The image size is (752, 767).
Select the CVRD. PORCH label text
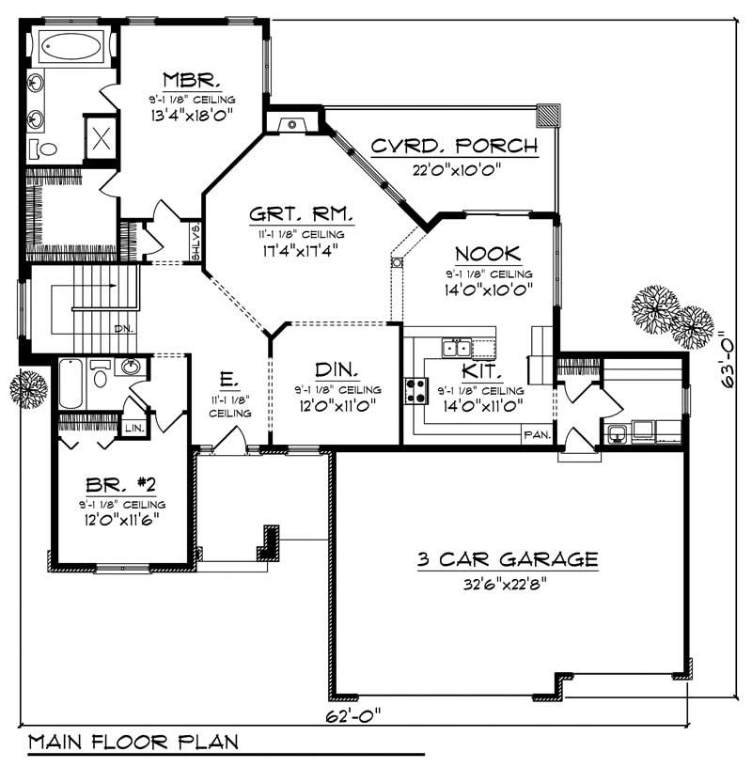click(x=454, y=146)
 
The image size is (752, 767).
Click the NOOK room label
click(x=489, y=254)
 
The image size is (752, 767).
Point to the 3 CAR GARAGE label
click(x=508, y=559)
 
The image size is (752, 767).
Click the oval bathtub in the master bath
click(x=71, y=44)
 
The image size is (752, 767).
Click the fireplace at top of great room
click(x=292, y=122)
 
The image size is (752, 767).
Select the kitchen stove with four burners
click(x=415, y=389)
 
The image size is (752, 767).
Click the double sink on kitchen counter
click(x=458, y=348)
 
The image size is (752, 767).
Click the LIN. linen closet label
click(x=133, y=428)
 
